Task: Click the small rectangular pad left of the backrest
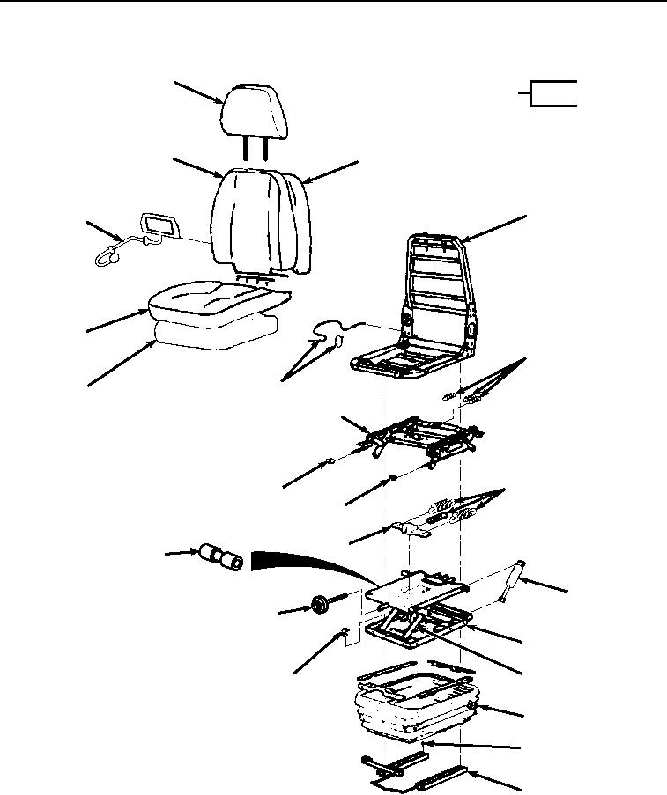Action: (x=159, y=222)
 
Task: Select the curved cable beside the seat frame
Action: (x=330, y=332)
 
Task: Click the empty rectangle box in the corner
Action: (x=553, y=92)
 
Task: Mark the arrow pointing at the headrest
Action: (x=198, y=93)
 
